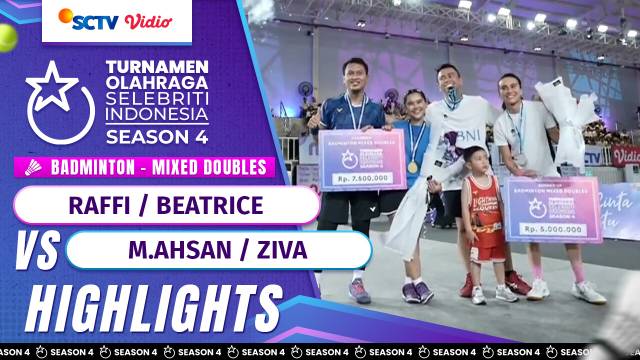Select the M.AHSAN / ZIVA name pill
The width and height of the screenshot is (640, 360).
click(x=218, y=250)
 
